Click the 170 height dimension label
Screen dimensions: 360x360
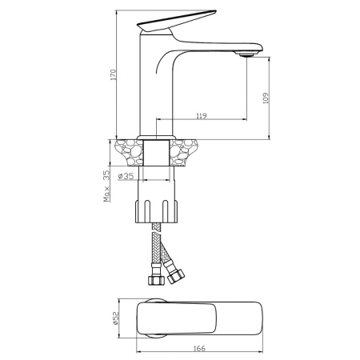tap(114, 74)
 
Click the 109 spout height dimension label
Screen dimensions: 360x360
tap(266, 98)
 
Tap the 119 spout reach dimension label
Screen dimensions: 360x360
tap(202, 116)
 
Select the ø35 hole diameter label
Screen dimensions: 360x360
tap(126, 176)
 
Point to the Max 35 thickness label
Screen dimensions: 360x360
tap(106, 186)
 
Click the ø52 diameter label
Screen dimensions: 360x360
tap(115, 318)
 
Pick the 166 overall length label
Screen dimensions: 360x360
tap(199, 348)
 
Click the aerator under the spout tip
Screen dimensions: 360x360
tap(246, 55)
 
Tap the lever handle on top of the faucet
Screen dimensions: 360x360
tap(176, 21)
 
